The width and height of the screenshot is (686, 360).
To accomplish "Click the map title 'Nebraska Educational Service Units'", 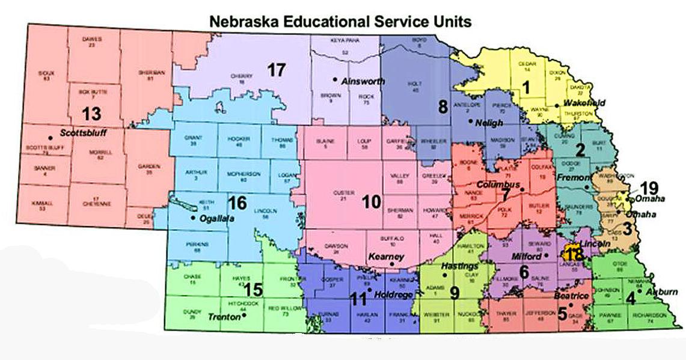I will pyautogui.click(x=340, y=22).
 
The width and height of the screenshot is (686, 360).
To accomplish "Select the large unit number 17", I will pyautogui.click(x=276, y=70).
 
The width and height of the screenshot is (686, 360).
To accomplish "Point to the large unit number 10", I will pyautogui.click(x=372, y=201).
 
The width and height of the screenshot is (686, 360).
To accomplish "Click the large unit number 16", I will pyautogui.click(x=237, y=203).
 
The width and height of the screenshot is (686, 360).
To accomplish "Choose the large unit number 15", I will pyautogui.click(x=253, y=290).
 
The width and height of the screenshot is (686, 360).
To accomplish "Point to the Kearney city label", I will pyautogui.click(x=385, y=257).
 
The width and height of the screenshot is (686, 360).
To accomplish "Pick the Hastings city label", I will pyautogui.click(x=459, y=265).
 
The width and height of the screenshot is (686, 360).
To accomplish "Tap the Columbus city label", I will pyautogui.click(x=498, y=184).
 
